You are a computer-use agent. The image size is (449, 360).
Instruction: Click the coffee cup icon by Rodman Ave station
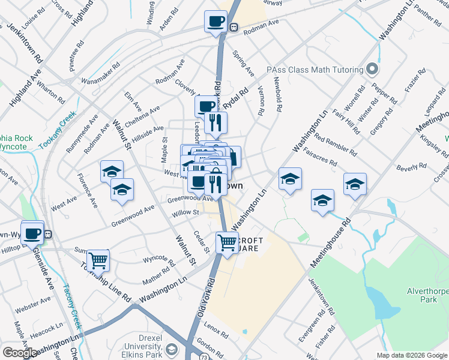[215, 22]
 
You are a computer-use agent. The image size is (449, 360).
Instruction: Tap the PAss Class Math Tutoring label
[316, 69]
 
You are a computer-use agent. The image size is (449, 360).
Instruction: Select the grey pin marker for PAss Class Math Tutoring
[372, 69]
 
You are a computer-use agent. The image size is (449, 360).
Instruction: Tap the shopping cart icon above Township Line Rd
[98, 261]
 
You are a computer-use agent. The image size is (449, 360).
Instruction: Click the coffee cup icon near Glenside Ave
[32, 233]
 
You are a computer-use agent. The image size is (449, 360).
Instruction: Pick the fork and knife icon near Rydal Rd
[215, 123]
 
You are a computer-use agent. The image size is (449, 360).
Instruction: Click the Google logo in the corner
[20, 353]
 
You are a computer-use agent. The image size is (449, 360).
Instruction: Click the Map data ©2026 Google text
[412, 355]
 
